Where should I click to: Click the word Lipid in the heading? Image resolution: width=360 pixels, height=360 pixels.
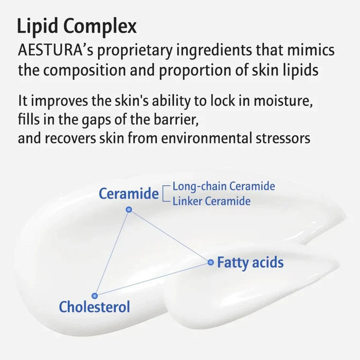pyautogui.click(x=38, y=26)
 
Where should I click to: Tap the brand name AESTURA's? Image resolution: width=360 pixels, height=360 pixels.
pyautogui.click(x=56, y=50)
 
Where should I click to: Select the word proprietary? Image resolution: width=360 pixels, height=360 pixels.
pyautogui.click(x=135, y=51)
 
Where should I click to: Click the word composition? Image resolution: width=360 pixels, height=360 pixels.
pyautogui.click(x=84, y=70)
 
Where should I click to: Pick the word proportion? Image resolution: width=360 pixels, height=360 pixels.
pyautogui.click(x=195, y=70)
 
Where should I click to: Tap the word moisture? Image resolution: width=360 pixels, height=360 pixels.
pyautogui.click(x=283, y=101)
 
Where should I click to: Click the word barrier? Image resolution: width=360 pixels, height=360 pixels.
pyautogui.click(x=176, y=119)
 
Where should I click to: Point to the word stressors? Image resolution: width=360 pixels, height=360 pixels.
pyautogui.click(x=283, y=139)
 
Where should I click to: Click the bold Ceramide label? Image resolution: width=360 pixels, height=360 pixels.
pyautogui.click(x=129, y=193)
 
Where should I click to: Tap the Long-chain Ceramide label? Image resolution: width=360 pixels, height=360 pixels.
pyautogui.click(x=224, y=186)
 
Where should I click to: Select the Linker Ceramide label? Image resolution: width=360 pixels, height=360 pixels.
pyautogui.click(x=211, y=201)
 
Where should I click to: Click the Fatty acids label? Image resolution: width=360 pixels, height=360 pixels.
pyautogui.click(x=250, y=262)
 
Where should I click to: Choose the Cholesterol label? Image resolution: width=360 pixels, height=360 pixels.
pyautogui.click(x=94, y=307)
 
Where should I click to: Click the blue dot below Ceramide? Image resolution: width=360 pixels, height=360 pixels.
pyautogui.click(x=129, y=209)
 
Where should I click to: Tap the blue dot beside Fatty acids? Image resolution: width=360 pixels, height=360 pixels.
pyautogui.click(x=210, y=262)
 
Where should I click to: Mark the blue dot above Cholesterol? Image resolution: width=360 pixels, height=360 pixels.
pyautogui.click(x=95, y=296)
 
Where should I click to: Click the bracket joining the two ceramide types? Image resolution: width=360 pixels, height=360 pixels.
pyautogui.click(x=166, y=193)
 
